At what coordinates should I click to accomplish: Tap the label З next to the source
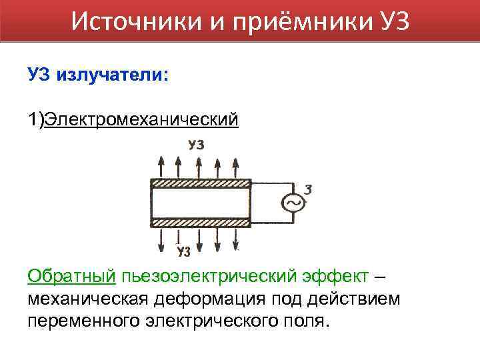(307, 189)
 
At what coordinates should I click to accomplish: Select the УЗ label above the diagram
(196, 144)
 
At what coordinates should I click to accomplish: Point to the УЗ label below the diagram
(184, 251)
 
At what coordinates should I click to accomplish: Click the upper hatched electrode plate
(201, 183)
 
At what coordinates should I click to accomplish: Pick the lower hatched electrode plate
(201, 223)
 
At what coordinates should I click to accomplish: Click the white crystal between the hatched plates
(201, 203)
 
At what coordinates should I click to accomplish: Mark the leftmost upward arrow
(162, 165)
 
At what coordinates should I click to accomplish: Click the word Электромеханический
(140, 119)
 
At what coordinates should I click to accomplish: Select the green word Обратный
(72, 276)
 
